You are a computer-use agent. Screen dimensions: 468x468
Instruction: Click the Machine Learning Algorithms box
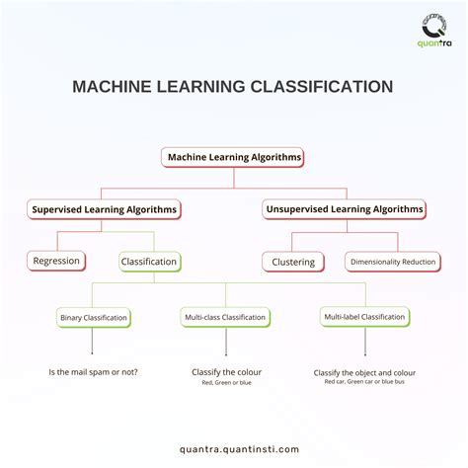[x=234, y=157]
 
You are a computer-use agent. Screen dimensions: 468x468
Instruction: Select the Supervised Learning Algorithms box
[x=105, y=209]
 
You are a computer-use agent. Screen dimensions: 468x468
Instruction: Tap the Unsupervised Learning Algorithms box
[x=345, y=209]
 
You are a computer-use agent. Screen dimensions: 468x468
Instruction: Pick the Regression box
[x=56, y=261]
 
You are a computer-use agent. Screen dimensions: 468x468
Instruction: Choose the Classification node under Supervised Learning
[x=149, y=262]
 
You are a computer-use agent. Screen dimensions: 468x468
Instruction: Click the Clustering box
[x=293, y=262]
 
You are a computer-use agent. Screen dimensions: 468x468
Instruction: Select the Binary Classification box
[x=93, y=318]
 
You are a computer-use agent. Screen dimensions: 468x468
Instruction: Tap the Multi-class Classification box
[x=225, y=318]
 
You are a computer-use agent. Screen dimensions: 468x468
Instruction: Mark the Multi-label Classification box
[x=364, y=317]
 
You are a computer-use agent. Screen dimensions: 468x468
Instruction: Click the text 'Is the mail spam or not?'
[x=93, y=372]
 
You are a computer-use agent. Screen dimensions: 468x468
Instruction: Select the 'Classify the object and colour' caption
[x=364, y=372]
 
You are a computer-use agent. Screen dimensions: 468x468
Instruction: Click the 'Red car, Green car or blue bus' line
[x=364, y=381]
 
